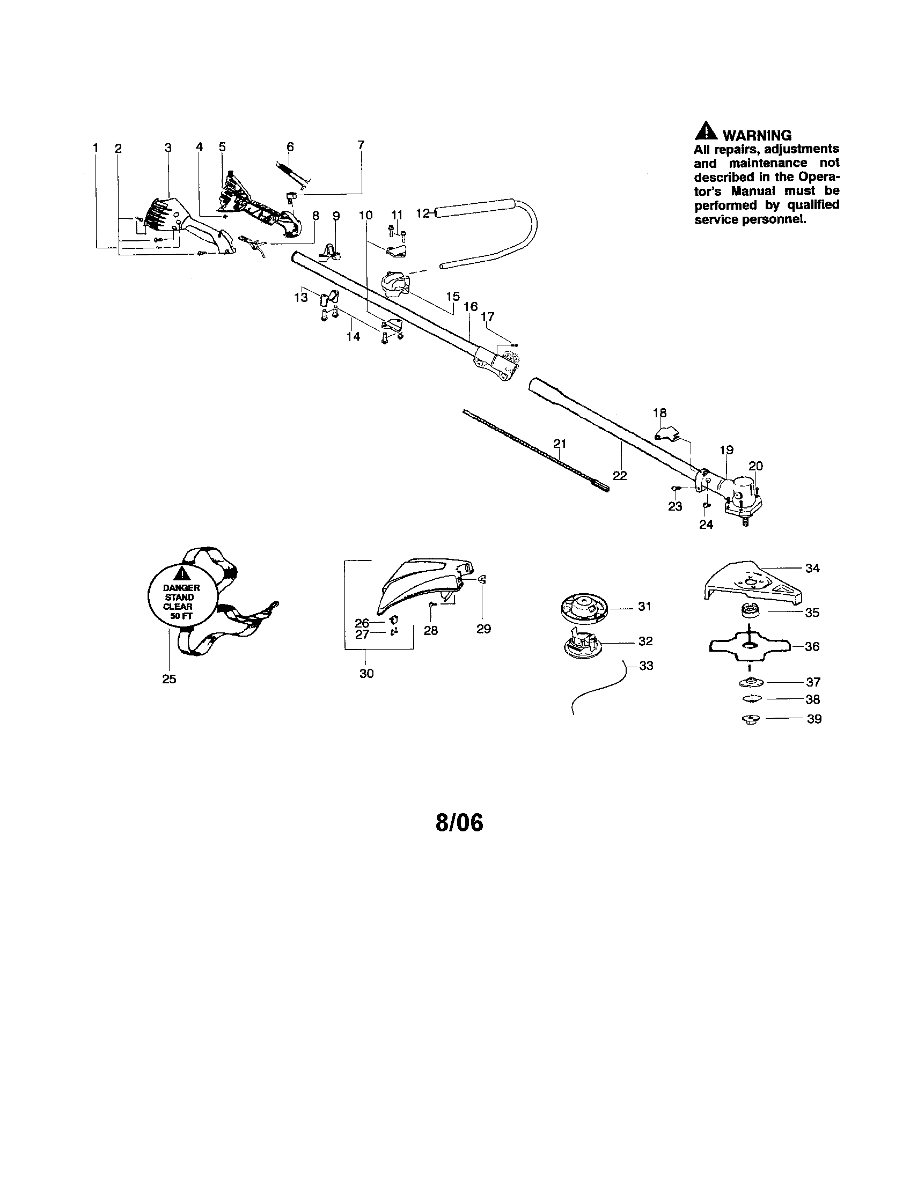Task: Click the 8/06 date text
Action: pyautogui.click(x=459, y=822)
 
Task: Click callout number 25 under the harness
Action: pyautogui.click(x=169, y=679)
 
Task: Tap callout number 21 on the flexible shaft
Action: pyautogui.click(x=560, y=444)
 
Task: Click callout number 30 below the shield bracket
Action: pyautogui.click(x=366, y=674)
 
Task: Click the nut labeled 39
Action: pyautogui.click(x=749, y=719)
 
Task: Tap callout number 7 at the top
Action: pyautogui.click(x=361, y=144)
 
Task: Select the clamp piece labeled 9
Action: pyautogui.click(x=330, y=251)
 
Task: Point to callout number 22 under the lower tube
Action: pyautogui.click(x=620, y=475)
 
